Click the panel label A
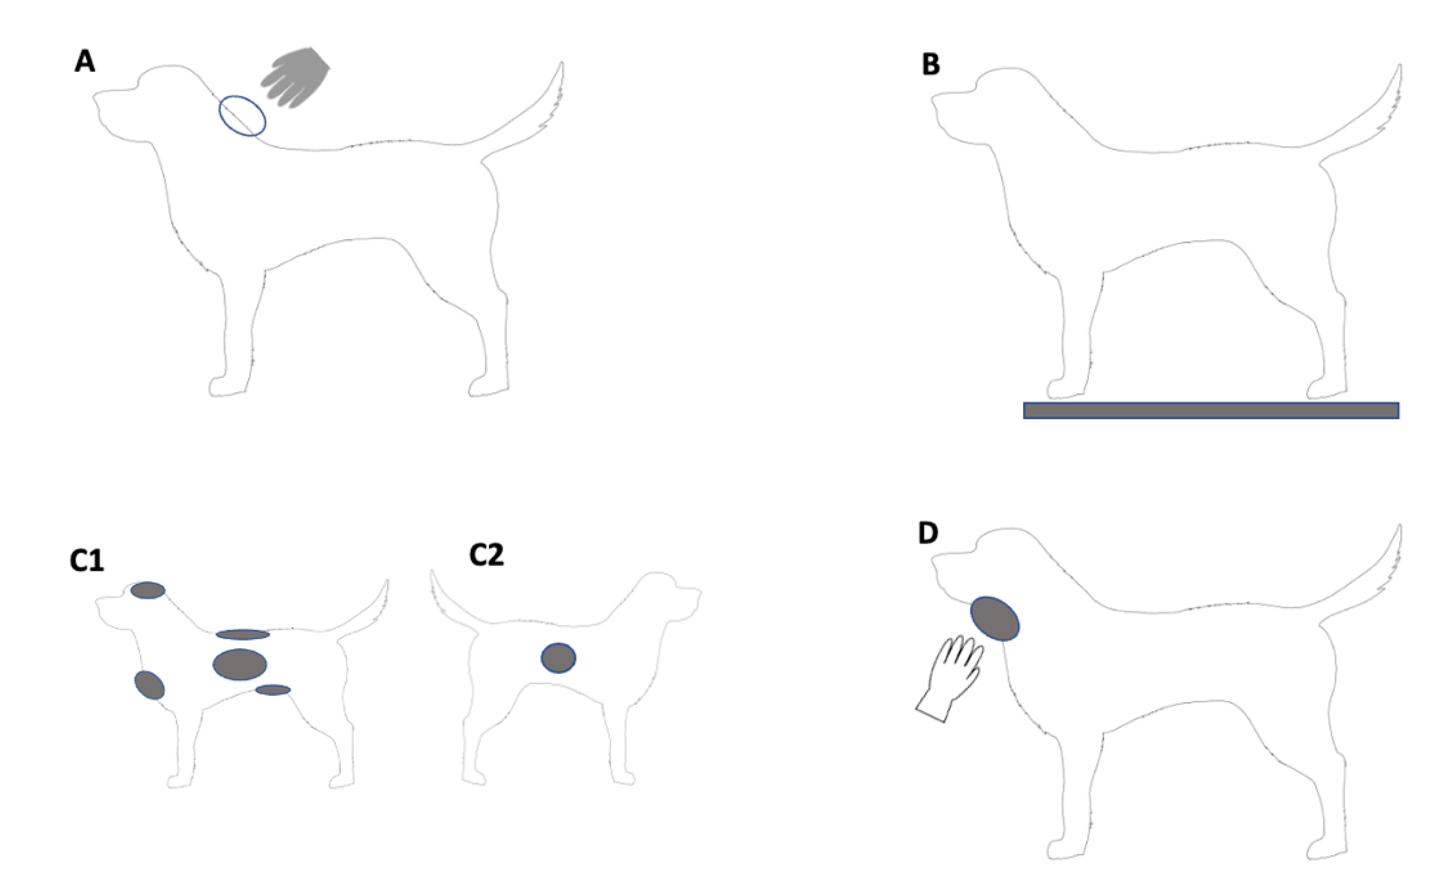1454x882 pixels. [x=85, y=61]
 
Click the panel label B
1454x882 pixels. [x=931, y=65]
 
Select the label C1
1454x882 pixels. [x=87, y=560]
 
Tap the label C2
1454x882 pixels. [x=486, y=555]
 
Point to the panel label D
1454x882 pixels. [x=928, y=533]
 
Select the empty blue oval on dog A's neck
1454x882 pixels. [x=242, y=115]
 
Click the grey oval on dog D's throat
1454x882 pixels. [x=995, y=618]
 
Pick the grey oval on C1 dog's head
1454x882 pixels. [x=147, y=590]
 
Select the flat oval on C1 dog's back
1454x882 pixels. [x=242, y=635]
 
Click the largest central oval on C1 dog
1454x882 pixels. [x=240, y=664]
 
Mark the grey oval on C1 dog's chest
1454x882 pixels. [x=149, y=685]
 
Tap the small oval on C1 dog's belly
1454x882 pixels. [x=273, y=690]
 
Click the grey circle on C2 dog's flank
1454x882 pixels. [x=558, y=658]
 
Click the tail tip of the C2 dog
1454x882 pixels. [x=433, y=572]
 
